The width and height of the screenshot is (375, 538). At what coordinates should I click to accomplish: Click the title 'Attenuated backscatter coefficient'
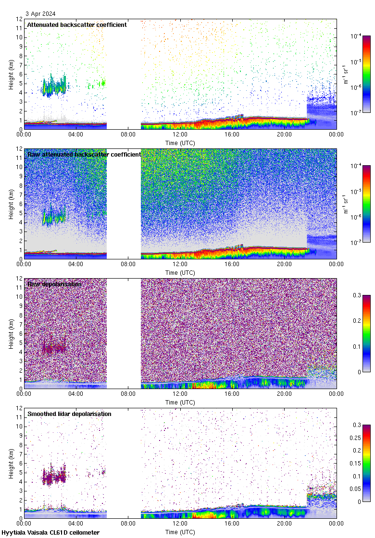point(77,24)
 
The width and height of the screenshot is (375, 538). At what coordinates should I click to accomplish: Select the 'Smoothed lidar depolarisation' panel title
point(69,414)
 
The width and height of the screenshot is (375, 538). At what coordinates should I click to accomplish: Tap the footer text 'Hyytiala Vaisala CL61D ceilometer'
point(50,533)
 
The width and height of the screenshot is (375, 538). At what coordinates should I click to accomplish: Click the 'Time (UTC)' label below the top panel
point(180,143)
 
